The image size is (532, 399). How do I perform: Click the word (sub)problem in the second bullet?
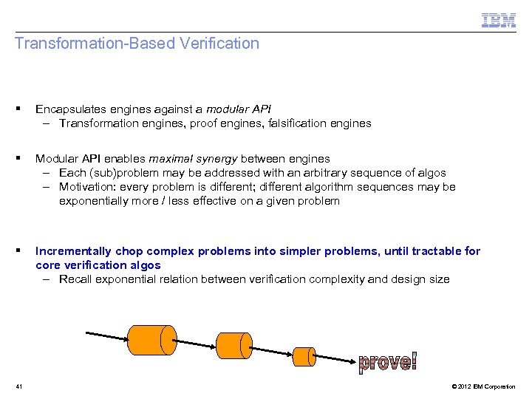point(121,173)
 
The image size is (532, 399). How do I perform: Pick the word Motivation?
point(88,187)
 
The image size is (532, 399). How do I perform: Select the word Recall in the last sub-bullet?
point(76,279)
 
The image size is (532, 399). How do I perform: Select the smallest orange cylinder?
point(304,355)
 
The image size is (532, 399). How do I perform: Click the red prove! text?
point(387,361)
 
